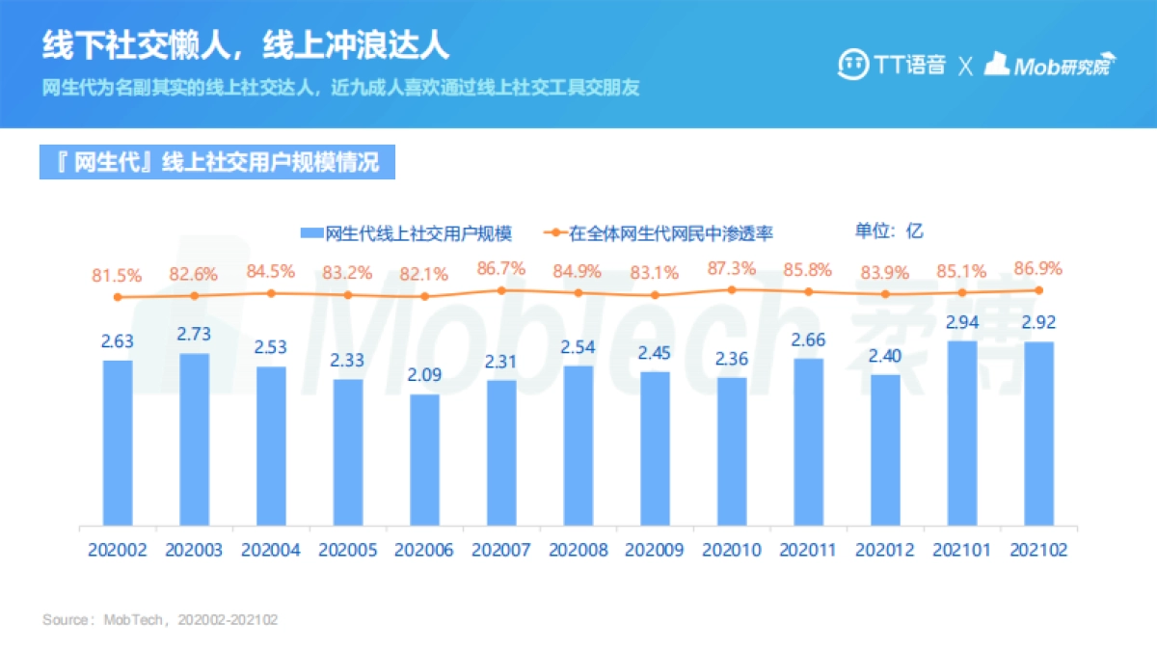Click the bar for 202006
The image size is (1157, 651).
coord(424,460)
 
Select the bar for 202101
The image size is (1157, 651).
coord(962,433)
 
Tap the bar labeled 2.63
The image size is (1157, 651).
coord(118,443)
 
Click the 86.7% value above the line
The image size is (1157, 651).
coord(500,268)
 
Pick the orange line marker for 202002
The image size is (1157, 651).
coord(118,297)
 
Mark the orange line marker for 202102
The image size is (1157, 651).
coord(1039,290)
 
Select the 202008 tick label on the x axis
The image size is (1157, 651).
coord(578,550)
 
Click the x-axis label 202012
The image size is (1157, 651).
coord(885,550)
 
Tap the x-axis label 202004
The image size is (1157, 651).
coord(271,550)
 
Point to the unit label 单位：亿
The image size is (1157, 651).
coord(889,231)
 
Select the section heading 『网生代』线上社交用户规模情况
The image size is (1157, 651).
coord(217,161)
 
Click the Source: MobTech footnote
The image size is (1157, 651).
coord(160,619)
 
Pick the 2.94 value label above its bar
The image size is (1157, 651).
coord(962,321)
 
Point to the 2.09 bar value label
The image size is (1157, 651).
coord(424,374)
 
